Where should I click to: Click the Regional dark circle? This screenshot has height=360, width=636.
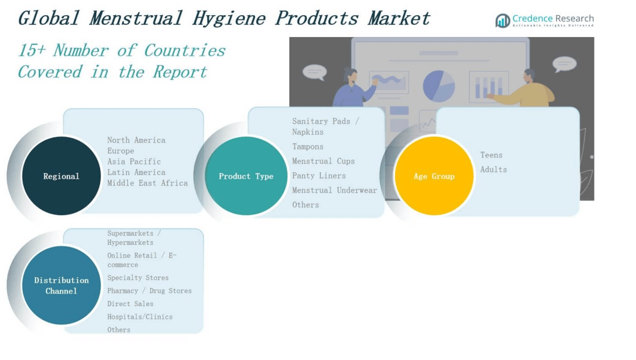coord(61,176)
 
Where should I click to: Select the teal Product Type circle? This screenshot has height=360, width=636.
coord(246,176)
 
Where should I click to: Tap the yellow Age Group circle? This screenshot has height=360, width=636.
coord(434,176)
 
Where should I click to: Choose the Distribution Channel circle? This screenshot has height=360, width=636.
coord(61,285)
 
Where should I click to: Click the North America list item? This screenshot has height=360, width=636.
coord(137,140)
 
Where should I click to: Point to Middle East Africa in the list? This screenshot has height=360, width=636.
coord(148,183)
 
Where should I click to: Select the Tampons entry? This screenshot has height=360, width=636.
coord(308,147)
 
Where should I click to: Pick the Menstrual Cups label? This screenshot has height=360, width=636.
coord(324,161)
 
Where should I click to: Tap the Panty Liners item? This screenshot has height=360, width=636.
coord(319,176)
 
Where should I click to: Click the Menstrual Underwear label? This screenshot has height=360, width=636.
coord(335,190)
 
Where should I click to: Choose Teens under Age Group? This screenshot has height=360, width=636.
coord(492,155)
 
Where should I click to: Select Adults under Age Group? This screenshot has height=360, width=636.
coord(494,170)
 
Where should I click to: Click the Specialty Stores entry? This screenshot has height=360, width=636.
coord(138,278)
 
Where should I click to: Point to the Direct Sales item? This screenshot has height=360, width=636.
coord(130,304)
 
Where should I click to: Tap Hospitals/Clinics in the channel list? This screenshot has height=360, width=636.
coord(140,317)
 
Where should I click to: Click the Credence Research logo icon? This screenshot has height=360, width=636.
coord(502,21)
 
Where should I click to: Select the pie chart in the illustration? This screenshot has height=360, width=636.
coord(439,86)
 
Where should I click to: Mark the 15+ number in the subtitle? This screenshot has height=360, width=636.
coord(31,51)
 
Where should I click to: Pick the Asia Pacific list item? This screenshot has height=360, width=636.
coord(134,162)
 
